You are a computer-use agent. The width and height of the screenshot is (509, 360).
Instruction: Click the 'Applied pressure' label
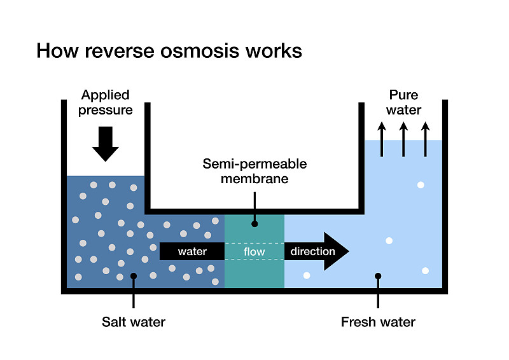coord(106,102)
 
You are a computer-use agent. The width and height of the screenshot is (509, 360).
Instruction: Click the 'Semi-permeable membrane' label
coord(254,171)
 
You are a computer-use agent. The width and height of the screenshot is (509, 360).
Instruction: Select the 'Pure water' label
coord(404,102)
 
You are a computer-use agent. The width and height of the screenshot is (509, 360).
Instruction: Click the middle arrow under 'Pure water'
coord(403,139)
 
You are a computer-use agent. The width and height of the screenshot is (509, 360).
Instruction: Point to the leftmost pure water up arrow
coord(382,139)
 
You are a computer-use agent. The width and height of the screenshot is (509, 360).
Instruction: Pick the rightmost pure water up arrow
coord(425,139)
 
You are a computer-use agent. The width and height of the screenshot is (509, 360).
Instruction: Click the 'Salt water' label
coord(134,322)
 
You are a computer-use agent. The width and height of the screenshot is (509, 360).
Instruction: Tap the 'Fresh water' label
coord(378,322)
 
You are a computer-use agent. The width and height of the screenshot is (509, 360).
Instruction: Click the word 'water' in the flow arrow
coord(192,252)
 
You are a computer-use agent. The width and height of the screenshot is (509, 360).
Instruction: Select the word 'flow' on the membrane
coord(254,252)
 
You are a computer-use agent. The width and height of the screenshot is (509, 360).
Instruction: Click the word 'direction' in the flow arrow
coord(312,252)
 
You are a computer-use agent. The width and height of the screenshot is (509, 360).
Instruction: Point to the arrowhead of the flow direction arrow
coord(337,251)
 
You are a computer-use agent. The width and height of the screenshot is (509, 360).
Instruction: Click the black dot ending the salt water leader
coord(134,276)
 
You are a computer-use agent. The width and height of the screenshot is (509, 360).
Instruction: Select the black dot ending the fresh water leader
coord(378,276)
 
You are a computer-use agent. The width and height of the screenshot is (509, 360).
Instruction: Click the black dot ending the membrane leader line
coord(254,223)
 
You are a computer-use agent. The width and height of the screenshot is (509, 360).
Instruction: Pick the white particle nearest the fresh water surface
coord(421,185)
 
